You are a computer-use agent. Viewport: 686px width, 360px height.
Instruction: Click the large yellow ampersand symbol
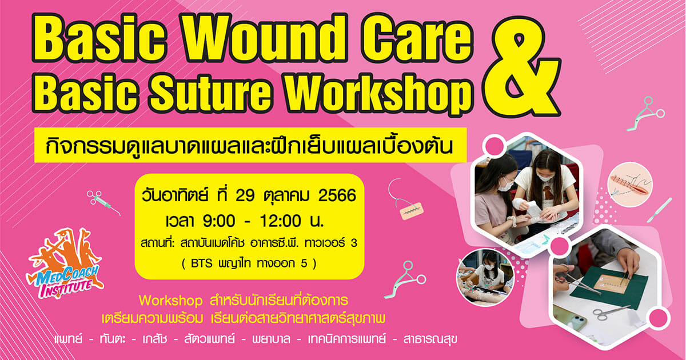(521, 66)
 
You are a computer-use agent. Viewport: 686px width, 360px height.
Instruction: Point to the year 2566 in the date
(337, 196)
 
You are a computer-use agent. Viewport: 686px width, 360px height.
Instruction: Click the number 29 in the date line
(245, 196)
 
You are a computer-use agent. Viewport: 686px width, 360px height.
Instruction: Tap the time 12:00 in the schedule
(280, 221)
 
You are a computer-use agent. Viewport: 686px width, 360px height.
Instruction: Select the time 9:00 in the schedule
(219, 221)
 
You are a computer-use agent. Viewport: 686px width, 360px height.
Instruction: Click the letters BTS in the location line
(201, 263)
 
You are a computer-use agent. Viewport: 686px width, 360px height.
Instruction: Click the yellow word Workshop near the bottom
(170, 301)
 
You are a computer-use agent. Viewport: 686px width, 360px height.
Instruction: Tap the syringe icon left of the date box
(103, 203)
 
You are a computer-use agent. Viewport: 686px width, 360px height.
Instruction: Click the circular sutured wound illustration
(630, 185)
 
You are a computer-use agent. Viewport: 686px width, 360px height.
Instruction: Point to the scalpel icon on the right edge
(659, 210)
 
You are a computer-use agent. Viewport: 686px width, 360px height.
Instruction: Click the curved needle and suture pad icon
(404, 201)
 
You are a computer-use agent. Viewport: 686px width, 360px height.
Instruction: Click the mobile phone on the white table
(571, 318)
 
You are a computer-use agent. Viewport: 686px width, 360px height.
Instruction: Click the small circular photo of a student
(485, 277)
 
